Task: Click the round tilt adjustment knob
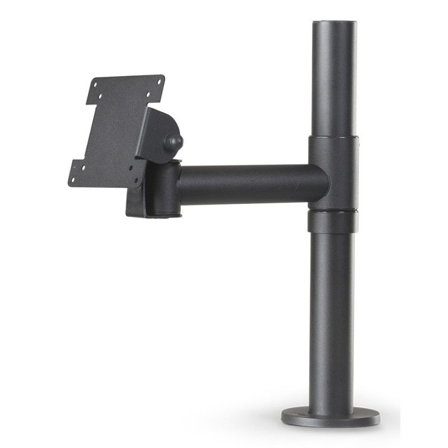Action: [174, 142]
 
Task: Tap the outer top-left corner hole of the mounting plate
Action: [95, 85]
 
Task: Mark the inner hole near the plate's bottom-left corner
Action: [83, 168]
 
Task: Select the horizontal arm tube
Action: [252, 184]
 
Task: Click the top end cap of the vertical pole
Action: [334, 24]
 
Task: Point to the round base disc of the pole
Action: [330, 417]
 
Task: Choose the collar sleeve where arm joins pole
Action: [334, 171]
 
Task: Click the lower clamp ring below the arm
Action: [333, 221]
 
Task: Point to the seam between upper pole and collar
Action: [334, 135]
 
